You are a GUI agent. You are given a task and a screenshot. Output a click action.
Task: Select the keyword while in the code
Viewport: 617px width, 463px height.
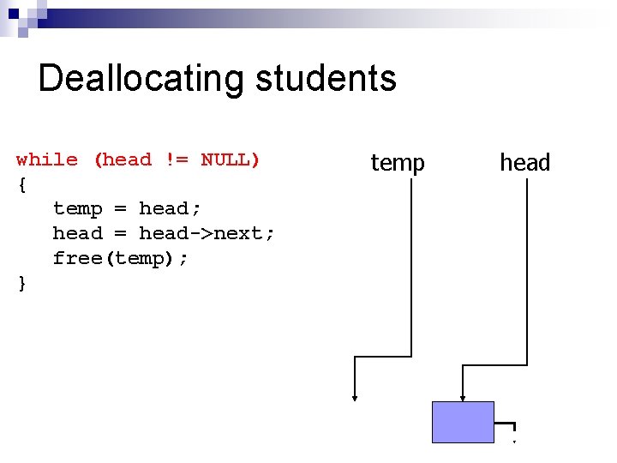pyautogui.click(x=47, y=159)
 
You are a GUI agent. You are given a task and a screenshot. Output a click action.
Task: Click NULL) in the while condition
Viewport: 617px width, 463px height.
pyautogui.click(x=231, y=159)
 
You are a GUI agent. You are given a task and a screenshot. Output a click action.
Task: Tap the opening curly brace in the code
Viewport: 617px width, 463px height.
pyautogui.click(x=22, y=183)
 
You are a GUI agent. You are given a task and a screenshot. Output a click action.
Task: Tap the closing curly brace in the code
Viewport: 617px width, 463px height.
pyautogui.click(x=22, y=283)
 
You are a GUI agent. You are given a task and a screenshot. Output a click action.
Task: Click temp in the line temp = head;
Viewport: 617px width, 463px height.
pyautogui.click(x=77, y=208)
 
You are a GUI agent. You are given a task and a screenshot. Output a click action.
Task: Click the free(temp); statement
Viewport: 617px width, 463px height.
pyautogui.click(x=120, y=258)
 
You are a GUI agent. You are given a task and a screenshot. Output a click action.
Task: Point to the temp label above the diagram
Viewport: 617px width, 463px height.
pyautogui.click(x=397, y=162)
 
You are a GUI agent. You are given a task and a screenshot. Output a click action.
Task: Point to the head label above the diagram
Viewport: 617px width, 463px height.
pyautogui.click(x=524, y=162)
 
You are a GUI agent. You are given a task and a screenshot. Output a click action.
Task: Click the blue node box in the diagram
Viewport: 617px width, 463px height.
pyautogui.click(x=463, y=422)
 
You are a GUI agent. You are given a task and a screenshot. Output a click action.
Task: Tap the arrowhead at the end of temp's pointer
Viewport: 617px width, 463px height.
pyautogui.click(x=355, y=396)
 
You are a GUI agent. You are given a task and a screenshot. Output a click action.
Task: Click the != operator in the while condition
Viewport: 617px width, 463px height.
pyautogui.click(x=175, y=159)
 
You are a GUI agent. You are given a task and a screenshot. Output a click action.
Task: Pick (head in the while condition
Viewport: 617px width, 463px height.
pyautogui.click(x=123, y=159)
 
